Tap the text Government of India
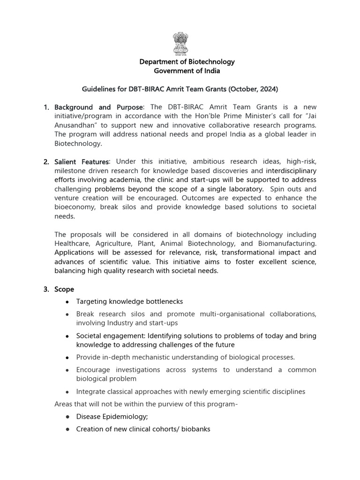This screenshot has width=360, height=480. [180, 71]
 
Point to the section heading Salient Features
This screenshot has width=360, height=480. [82, 162]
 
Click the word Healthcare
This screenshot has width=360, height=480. [73, 243]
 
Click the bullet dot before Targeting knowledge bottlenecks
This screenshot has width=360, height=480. [68, 301]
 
